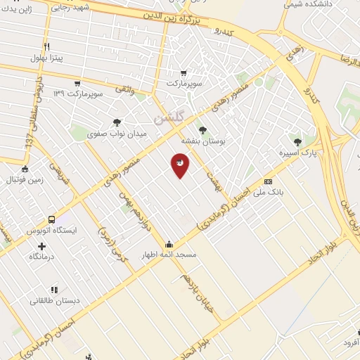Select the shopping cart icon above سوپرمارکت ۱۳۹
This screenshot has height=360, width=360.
[x=77, y=84]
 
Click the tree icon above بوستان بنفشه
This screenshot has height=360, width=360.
[x=203, y=130]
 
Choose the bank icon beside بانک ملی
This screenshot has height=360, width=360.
[x=267, y=181]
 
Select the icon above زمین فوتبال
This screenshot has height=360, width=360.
[x=25, y=169]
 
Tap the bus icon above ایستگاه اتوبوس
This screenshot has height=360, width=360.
[x=51, y=219]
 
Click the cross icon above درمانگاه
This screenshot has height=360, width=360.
[x=41, y=246]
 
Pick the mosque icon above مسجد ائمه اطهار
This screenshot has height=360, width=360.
[x=169, y=244]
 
